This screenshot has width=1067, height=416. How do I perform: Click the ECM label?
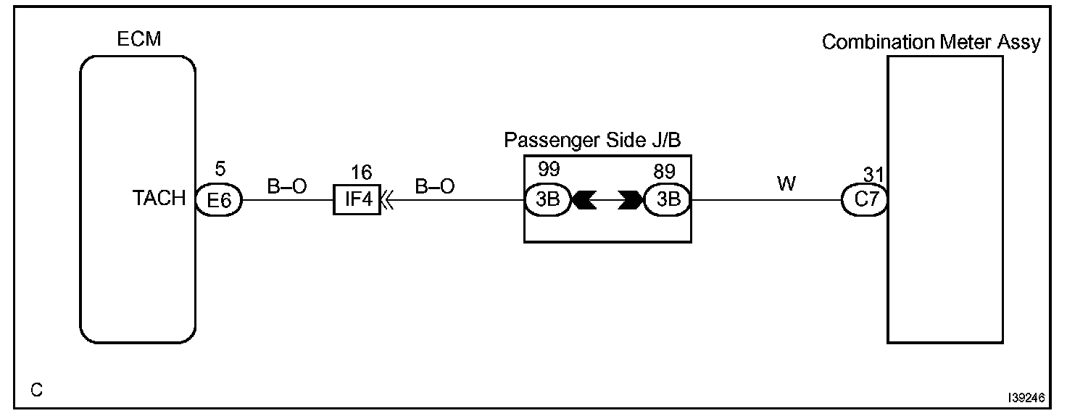(139, 39)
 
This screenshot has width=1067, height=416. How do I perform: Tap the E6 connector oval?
(219, 200)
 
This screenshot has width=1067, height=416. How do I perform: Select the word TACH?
(159, 199)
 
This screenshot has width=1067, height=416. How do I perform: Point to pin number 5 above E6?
(220, 170)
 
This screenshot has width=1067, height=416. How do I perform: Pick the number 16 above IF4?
(361, 172)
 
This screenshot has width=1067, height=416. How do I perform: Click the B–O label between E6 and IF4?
(287, 186)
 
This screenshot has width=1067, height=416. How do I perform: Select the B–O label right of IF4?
(435, 186)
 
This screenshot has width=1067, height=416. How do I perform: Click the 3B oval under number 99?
(548, 200)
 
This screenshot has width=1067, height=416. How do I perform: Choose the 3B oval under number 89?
(667, 200)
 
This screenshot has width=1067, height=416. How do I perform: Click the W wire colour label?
(786, 184)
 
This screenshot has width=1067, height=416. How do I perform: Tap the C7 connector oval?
(865, 200)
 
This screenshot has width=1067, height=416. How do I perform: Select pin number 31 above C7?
(873, 175)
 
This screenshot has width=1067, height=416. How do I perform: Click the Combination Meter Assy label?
(931, 42)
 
